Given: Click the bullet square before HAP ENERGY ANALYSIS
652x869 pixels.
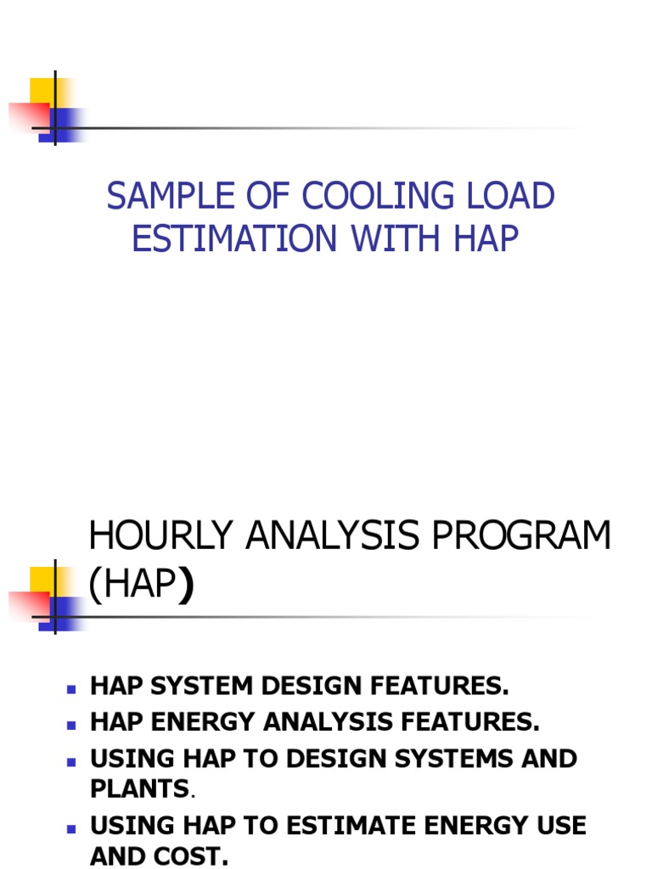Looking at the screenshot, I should tap(72, 724).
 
